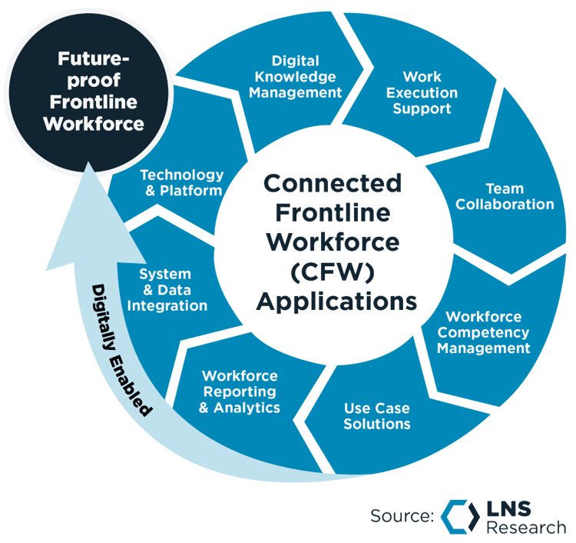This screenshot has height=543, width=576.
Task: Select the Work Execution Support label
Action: click(x=421, y=92)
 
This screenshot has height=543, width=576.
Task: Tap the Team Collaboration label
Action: click(x=505, y=196)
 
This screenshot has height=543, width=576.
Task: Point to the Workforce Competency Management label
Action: click(x=488, y=332)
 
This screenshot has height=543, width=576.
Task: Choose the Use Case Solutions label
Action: click(x=376, y=416)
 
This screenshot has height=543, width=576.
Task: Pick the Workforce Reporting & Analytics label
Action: click(x=240, y=391)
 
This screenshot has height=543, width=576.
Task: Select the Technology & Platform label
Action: click(x=182, y=183)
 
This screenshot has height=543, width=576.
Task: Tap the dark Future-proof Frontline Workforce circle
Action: click(x=94, y=91)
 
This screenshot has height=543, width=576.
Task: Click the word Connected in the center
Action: click(x=333, y=184)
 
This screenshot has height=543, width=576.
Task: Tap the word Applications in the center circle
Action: click(x=336, y=300)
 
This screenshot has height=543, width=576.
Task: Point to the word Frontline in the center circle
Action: click(x=333, y=213)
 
